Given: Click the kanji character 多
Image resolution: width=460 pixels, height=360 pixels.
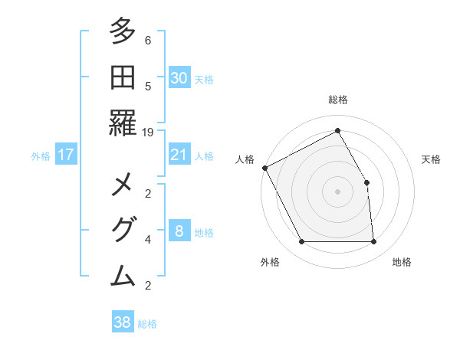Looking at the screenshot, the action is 123,32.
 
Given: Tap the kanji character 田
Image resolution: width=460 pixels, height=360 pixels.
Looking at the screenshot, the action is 123,77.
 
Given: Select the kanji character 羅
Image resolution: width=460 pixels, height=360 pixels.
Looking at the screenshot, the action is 123,123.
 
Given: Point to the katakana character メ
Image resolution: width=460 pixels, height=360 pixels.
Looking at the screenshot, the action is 123,185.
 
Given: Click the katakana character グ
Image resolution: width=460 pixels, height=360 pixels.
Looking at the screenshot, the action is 123,230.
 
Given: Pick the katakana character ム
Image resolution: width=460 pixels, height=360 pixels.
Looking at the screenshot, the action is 123,275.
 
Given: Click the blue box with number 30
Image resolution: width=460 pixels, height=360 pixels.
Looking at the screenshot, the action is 179,77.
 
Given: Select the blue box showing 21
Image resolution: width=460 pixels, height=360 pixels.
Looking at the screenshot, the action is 179,155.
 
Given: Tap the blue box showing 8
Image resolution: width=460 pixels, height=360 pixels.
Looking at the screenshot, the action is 179,231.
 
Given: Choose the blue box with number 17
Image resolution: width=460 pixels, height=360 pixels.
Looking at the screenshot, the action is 66,155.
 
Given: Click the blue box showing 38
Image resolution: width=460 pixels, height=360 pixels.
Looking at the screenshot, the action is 123,322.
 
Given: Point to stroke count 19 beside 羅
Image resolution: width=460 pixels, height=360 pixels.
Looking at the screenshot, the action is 148,132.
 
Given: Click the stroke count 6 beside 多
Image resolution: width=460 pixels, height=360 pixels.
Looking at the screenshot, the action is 148,41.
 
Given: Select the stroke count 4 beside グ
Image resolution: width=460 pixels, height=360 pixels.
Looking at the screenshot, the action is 148,240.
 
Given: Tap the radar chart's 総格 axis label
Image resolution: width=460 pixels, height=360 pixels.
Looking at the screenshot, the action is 337,100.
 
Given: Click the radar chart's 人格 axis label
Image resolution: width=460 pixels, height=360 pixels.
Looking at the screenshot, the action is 245,159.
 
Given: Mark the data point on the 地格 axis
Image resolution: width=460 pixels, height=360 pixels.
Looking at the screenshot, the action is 373,242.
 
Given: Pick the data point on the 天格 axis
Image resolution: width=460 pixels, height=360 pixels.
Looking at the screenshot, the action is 366,182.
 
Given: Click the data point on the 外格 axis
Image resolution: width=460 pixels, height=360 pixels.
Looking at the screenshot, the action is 301,242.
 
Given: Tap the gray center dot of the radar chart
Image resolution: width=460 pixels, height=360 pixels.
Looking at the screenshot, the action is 337,191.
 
